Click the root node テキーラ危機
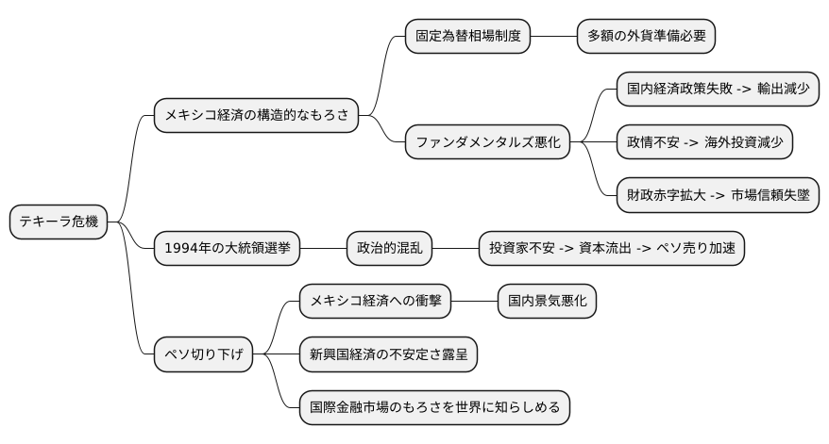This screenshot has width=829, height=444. click(x=59, y=222)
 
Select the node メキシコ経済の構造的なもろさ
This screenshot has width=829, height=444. click(x=256, y=116)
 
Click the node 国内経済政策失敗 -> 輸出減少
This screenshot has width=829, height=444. click(x=717, y=90)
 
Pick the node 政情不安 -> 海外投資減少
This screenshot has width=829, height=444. click(x=704, y=143)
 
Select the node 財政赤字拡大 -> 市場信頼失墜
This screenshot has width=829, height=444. click(x=717, y=196)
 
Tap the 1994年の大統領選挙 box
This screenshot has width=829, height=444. click(x=227, y=249)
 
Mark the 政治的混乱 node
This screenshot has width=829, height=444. click(x=389, y=249)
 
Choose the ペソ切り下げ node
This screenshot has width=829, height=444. click(x=204, y=355)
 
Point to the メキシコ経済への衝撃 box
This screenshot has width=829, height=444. click(x=375, y=302)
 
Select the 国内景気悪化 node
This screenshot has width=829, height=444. click(x=548, y=302)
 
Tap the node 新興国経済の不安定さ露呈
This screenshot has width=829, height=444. click(x=388, y=355)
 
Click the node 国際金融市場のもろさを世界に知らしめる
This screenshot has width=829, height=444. click(x=434, y=408)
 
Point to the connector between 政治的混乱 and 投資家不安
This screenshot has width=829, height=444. click(x=455, y=249)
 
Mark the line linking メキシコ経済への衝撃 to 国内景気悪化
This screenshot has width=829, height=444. click(x=474, y=302)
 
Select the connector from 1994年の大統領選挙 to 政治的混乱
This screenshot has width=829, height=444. click(x=323, y=249)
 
